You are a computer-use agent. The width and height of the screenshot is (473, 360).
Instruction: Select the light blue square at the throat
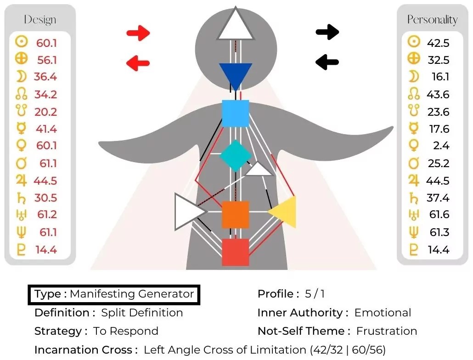pos(236,113)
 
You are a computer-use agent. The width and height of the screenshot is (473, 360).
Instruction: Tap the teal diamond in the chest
pos(236,156)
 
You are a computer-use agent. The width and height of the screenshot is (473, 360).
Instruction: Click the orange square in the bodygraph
pos(236,214)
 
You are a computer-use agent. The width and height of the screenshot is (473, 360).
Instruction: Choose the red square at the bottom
pos(236,252)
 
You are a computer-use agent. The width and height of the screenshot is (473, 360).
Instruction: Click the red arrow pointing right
pos(138,33)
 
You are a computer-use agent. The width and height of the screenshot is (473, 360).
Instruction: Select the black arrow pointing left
pos(327,62)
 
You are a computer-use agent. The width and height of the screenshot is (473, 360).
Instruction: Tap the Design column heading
pos(40,20)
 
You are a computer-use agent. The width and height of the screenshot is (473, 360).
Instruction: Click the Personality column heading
pos(432,20)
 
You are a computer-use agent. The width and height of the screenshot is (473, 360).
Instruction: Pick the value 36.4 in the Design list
pos(45,77)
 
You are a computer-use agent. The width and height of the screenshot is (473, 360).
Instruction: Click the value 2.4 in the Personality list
pos(440,146)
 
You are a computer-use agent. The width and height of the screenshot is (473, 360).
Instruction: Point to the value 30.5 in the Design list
pos(45,198)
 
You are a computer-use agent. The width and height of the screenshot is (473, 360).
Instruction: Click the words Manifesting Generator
pos(132,294)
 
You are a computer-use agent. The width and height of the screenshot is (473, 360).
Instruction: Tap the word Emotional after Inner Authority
pos(383,313)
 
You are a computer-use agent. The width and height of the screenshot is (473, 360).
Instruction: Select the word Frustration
pos(387,331)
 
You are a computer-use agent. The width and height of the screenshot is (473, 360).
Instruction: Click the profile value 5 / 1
pos(315,294)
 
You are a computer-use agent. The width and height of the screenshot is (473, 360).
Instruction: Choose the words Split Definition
pos(142,313)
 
